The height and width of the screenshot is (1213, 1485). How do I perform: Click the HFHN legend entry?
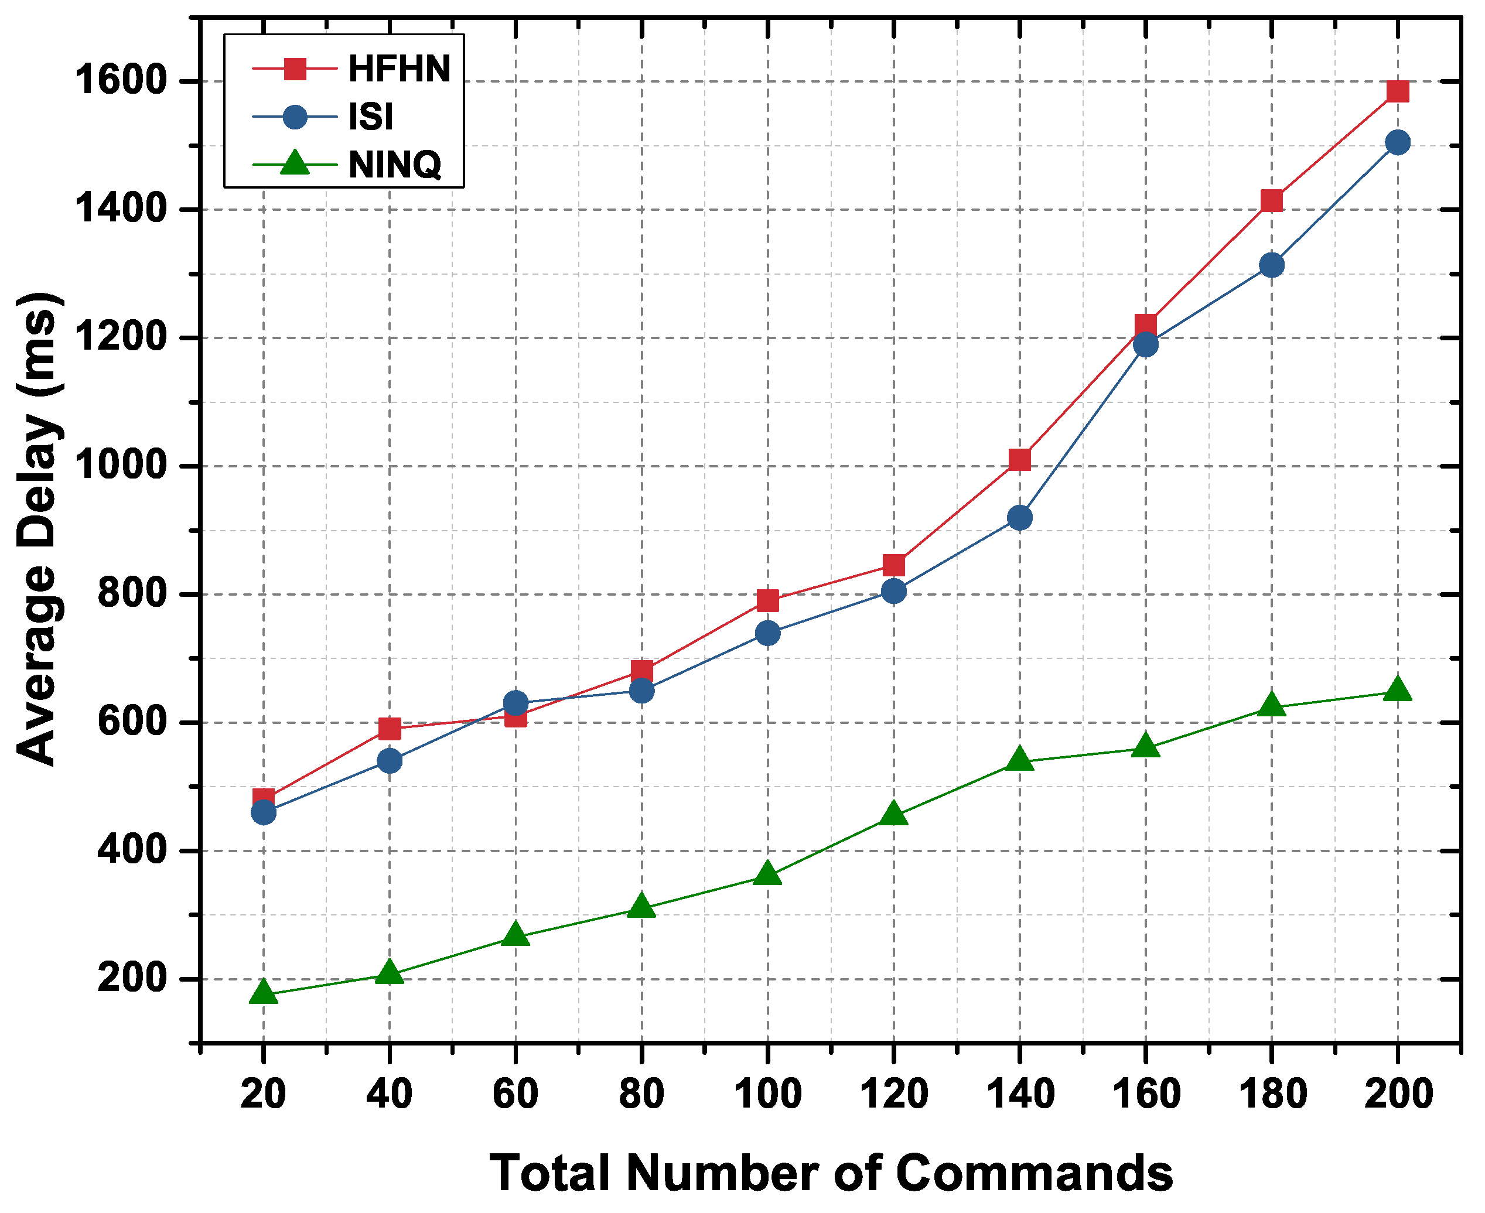(399, 69)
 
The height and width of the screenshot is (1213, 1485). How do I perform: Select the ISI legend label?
(370, 117)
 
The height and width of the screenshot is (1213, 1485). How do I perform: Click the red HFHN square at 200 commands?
(1397, 91)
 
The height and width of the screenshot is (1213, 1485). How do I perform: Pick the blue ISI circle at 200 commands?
(1397, 142)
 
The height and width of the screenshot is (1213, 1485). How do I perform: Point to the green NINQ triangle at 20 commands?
(264, 992)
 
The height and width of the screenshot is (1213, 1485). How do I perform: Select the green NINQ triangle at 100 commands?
(767, 873)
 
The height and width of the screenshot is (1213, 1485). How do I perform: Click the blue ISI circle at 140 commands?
(1020, 518)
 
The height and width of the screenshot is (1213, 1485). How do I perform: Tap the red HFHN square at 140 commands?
(1020, 459)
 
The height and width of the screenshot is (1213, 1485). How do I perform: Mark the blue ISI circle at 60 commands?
(516, 702)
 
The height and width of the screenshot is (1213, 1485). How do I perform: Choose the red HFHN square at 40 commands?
(389, 729)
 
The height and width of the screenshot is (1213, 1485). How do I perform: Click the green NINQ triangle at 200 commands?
(1397, 689)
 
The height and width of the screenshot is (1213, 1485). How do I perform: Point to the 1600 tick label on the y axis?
(118, 81)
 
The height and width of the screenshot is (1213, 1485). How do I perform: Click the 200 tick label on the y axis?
(129, 978)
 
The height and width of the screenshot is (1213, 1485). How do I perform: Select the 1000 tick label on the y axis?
(118, 466)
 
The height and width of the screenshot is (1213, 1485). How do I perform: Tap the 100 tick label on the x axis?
(767, 1094)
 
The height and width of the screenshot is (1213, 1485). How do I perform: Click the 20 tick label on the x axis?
(264, 1094)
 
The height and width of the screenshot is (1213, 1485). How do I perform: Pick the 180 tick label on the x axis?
(1272, 1094)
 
